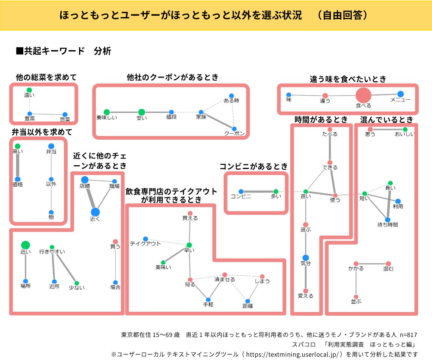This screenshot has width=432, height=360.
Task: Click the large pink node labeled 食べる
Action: click(363, 95)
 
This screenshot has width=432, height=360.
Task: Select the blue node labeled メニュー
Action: click(400, 94)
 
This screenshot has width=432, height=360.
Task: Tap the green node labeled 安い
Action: click(141, 112)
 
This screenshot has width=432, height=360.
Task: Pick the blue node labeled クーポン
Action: click(235, 128)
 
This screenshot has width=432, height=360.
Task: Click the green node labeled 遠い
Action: click(29, 90)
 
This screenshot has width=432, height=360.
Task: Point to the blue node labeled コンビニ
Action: click(241, 191)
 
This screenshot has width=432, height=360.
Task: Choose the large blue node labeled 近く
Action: click(95, 212)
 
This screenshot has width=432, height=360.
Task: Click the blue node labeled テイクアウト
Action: click(145, 239)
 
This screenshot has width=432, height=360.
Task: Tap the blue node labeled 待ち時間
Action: click(387, 220)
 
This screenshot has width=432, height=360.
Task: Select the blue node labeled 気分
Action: click(305, 258)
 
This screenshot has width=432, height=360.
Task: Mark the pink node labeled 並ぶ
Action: click(356, 297)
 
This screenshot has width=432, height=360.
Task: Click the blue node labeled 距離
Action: click(247, 301)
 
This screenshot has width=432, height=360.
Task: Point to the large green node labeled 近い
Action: click(25, 245)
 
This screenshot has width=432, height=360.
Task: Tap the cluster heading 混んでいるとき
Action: click(386, 120)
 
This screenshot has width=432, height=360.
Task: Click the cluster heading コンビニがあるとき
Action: click(253, 166)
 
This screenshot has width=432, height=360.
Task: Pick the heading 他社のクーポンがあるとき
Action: click(172, 77)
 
